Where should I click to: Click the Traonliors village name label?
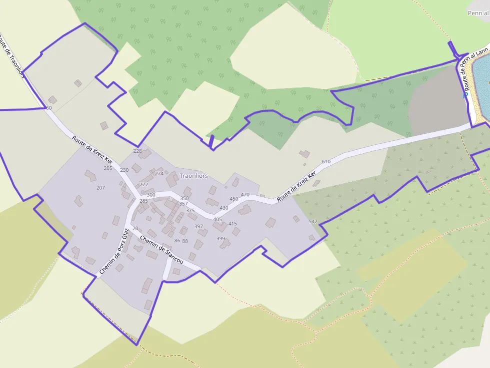[193, 176]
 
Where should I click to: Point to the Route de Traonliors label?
[11, 55]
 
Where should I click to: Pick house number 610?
[326, 162]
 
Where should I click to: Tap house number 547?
[313, 222]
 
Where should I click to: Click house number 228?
[137, 151]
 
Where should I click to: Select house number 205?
[108, 168]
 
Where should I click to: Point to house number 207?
[100, 188]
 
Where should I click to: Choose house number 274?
[159, 174]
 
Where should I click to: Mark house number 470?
[245, 195]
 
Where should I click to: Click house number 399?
[220, 239]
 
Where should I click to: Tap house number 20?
[135, 229]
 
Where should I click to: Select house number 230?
[124, 170]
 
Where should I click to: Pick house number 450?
[233, 199]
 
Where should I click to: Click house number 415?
[232, 224]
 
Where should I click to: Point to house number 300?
[151, 195]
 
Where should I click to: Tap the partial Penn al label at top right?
[478, 13]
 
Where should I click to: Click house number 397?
[198, 227]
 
